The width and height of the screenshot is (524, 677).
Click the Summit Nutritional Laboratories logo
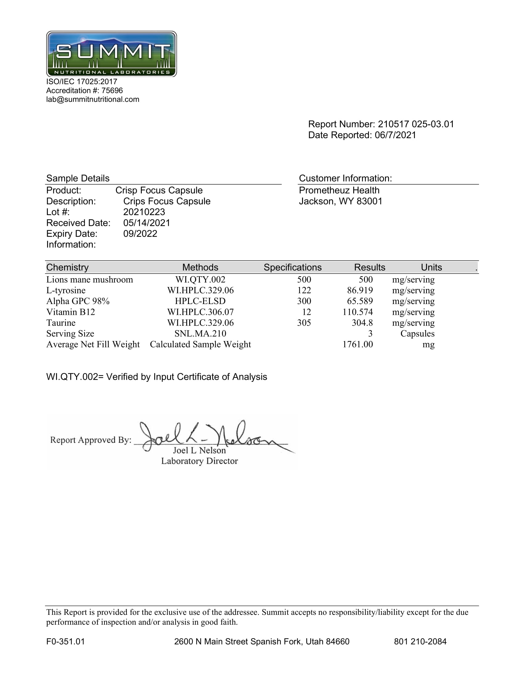tap(112, 54)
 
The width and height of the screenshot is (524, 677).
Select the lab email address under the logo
tap(92, 99)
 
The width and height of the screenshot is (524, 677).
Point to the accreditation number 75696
tap(112, 90)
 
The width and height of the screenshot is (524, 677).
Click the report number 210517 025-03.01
tap(416, 124)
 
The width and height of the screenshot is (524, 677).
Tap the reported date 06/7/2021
tap(395, 135)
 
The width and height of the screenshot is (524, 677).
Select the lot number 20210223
tap(144, 212)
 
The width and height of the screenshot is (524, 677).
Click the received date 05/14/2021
tap(146, 223)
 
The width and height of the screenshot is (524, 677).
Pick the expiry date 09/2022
tap(140, 234)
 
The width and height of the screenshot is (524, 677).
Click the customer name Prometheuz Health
tap(339, 190)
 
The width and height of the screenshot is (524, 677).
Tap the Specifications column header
tap(293, 267)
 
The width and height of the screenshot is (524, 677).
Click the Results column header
tap(369, 267)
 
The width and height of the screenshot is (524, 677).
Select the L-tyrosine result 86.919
tap(360, 290)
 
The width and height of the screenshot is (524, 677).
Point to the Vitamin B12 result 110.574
tap(358, 312)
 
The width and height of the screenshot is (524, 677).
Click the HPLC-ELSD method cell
tap(200, 301)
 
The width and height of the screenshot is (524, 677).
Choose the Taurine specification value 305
tap(304, 323)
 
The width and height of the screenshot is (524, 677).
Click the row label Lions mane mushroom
tap(89, 280)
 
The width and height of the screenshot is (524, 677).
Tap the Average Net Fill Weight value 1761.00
tap(358, 344)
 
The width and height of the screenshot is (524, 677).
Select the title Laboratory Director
tap(199, 461)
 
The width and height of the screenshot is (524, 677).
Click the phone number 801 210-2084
tap(420, 642)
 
